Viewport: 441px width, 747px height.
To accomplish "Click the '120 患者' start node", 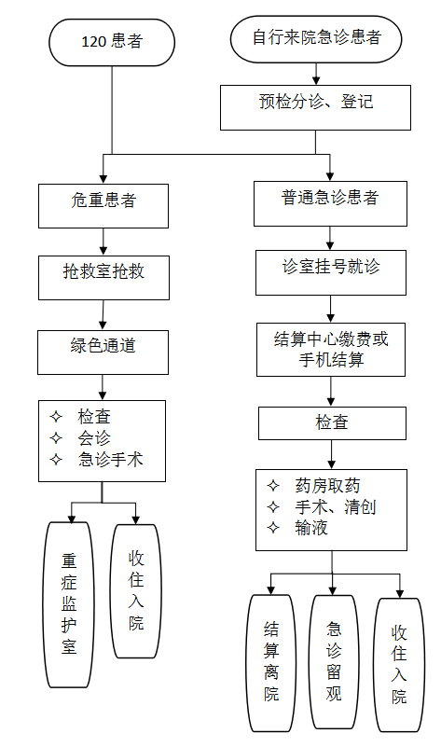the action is [112, 42].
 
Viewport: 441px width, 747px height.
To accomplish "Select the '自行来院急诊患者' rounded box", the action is [316, 39].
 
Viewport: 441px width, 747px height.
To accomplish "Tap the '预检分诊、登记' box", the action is [315, 107].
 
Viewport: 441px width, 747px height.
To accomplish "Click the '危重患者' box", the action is [103, 206].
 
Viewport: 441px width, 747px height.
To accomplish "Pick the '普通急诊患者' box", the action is [330, 203].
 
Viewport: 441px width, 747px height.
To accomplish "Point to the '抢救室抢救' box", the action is [103, 278].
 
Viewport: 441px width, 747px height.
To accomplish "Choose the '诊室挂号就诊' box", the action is [331, 272].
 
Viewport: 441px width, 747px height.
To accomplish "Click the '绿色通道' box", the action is [103, 353].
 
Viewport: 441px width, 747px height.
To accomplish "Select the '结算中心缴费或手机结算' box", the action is [331, 350].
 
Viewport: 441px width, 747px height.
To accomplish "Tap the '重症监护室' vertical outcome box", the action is [69, 604].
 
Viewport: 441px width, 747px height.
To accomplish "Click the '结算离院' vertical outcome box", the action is [271, 663].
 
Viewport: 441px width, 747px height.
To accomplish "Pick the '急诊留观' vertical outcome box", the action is [334, 662].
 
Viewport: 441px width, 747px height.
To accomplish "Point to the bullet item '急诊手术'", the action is [111, 459].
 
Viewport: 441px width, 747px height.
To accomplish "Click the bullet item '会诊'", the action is [94, 438].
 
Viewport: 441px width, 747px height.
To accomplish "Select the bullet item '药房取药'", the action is [327, 486].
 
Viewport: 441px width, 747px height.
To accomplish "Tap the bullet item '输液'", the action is [311, 528].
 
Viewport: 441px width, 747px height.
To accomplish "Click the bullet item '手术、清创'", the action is [336, 507].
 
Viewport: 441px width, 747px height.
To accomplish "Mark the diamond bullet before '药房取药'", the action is [273, 486].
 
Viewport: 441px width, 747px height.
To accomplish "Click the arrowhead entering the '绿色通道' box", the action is [103, 325].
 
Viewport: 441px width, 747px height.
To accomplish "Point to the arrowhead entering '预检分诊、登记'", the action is [316, 80].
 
